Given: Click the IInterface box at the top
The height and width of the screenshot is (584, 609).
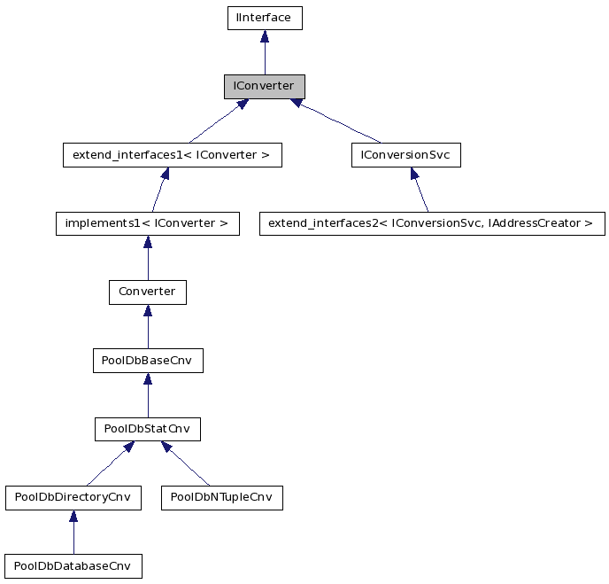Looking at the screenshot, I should tap(264, 18).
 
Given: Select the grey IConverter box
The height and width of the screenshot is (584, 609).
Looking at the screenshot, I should tap(264, 87).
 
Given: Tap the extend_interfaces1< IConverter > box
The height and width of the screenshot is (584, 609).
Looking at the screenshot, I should tap(172, 156).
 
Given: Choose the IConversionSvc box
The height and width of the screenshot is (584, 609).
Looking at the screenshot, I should tap(405, 156).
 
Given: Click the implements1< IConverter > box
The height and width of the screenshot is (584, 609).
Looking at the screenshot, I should tap(147, 223).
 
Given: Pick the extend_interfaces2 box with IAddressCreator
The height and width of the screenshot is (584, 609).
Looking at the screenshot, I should tap(431, 223).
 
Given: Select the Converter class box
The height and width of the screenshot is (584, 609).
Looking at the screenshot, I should tap(147, 292).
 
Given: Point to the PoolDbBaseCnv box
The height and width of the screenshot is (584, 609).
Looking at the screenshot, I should tap(147, 361).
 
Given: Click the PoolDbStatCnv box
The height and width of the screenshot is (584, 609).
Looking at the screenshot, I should tap(147, 430).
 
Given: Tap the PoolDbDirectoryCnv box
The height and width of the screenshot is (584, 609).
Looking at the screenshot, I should tap(73, 498).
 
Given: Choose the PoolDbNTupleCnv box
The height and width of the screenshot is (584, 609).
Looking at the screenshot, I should tap(221, 498).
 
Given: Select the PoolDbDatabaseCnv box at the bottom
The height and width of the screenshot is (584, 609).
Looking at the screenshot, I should tap(73, 566).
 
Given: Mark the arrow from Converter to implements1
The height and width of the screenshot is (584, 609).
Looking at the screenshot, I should tap(147, 258).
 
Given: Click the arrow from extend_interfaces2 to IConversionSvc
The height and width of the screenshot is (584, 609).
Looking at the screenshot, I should tap(420, 190).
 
